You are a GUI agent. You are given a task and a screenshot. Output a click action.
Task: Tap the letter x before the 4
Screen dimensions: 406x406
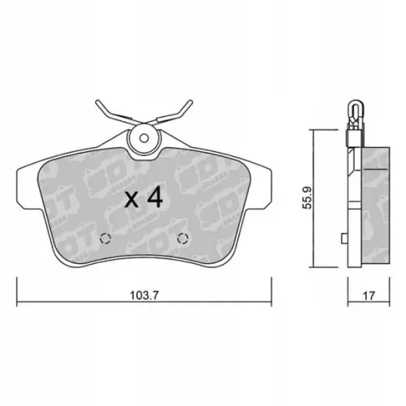(132, 199)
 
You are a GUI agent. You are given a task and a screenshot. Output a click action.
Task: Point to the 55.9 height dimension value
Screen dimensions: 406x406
(305, 197)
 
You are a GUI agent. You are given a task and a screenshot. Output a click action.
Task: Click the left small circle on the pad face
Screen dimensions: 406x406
(103, 239)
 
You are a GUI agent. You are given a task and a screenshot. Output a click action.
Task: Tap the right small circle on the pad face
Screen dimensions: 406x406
(182, 239)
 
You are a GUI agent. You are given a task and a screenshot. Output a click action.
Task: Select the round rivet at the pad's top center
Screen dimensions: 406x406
(144, 140)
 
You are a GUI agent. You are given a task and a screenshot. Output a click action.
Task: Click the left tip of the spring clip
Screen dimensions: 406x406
(97, 103)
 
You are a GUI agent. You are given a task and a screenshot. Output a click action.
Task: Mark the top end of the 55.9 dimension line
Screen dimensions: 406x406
(315, 130)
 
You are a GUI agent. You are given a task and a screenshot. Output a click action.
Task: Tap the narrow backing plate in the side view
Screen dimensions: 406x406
(352, 203)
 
